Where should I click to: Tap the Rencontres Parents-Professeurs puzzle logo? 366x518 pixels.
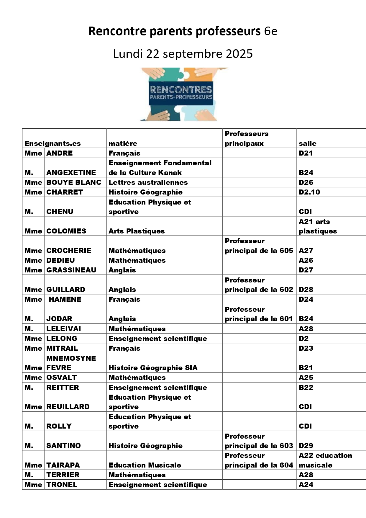pyautogui.click(x=181, y=94)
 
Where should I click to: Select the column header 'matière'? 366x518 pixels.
pyautogui.click(x=123, y=143)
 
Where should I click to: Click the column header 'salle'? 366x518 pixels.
pyautogui.click(x=307, y=143)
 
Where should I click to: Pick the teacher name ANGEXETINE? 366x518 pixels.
pyautogui.click(x=71, y=173)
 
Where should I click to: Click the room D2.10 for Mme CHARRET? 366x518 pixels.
pyautogui.click(x=309, y=192)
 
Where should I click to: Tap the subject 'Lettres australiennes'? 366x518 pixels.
pyautogui.click(x=148, y=182)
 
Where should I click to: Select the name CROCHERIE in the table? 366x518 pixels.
pyautogui.click(x=69, y=251)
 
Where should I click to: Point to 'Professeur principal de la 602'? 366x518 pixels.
pyautogui.click(x=259, y=285)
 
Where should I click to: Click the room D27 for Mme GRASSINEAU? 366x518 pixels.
pyautogui.click(x=306, y=270)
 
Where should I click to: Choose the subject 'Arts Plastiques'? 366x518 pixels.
pyautogui.click(x=137, y=231)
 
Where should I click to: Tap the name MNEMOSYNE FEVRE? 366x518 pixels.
pyautogui.click(x=71, y=363)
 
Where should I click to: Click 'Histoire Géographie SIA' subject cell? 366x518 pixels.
pyautogui.click(x=153, y=368)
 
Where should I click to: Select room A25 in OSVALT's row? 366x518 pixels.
pyautogui.click(x=306, y=378)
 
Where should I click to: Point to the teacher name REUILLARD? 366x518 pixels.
pyautogui.click(x=68, y=407)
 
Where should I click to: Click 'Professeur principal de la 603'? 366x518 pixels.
pyautogui.click(x=259, y=441)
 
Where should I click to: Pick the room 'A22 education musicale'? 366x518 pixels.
pyautogui.click(x=325, y=460)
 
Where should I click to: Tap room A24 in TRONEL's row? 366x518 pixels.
pyautogui.click(x=306, y=485)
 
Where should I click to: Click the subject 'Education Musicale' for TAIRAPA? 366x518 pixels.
pyautogui.click(x=145, y=465)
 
